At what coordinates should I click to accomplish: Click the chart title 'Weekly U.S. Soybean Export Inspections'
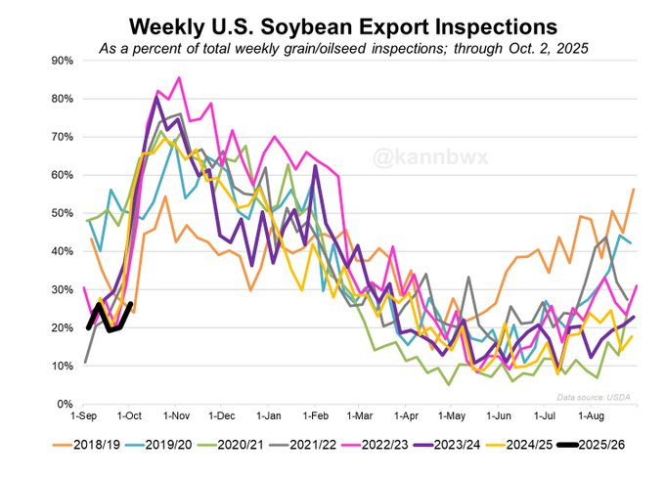[x=332, y=22]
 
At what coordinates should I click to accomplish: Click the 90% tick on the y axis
[x=61, y=61]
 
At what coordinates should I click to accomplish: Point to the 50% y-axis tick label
[x=61, y=213]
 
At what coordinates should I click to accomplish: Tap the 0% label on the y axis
[x=65, y=404]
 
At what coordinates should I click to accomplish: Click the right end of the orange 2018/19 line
[x=634, y=189]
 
